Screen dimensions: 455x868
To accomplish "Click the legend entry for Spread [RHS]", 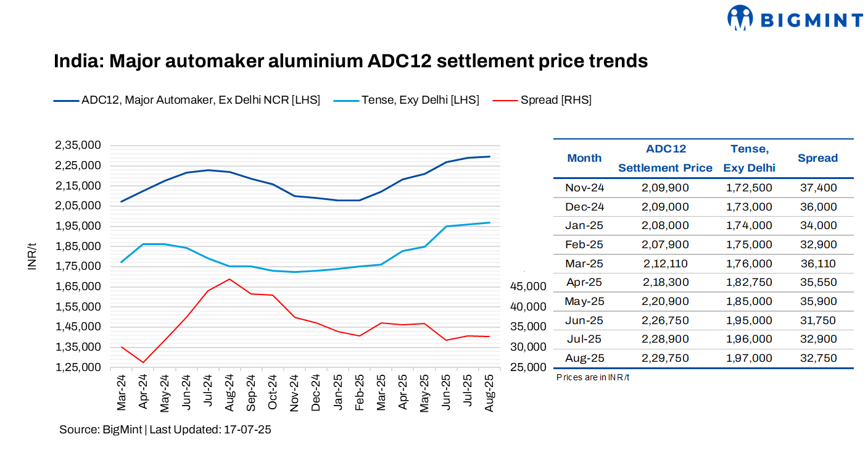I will pyautogui.click(x=555, y=100).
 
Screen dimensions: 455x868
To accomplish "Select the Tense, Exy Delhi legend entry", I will pyautogui.click(x=420, y=100).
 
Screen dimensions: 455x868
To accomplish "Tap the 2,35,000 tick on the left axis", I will pyautogui.click(x=78, y=145).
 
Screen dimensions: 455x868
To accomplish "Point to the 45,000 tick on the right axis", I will pyautogui.click(x=529, y=286).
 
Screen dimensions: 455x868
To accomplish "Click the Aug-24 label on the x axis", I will pyautogui.click(x=229, y=393).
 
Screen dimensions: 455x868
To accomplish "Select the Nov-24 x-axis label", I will pyautogui.click(x=295, y=393).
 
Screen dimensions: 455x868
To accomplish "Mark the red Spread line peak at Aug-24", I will pyautogui.click(x=229, y=279).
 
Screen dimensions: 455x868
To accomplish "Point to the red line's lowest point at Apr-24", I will pyautogui.click(x=143, y=362).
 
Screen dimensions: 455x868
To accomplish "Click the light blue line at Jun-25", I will pyautogui.click(x=446, y=227).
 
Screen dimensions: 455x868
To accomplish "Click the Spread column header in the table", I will pyautogui.click(x=817, y=158).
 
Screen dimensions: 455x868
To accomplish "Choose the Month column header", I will pyautogui.click(x=584, y=158).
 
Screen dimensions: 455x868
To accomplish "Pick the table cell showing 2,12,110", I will pyautogui.click(x=665, y=264).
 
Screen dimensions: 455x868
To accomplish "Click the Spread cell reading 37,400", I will pyautogui.click(x=817, y=188).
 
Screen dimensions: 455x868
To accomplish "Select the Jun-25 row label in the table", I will pyautogui.click(x=584, y=320).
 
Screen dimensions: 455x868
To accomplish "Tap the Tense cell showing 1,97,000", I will pyautogui.click(x=749, y=358).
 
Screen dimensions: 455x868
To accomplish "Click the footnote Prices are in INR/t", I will pyautogui.click(x=593, y=377).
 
